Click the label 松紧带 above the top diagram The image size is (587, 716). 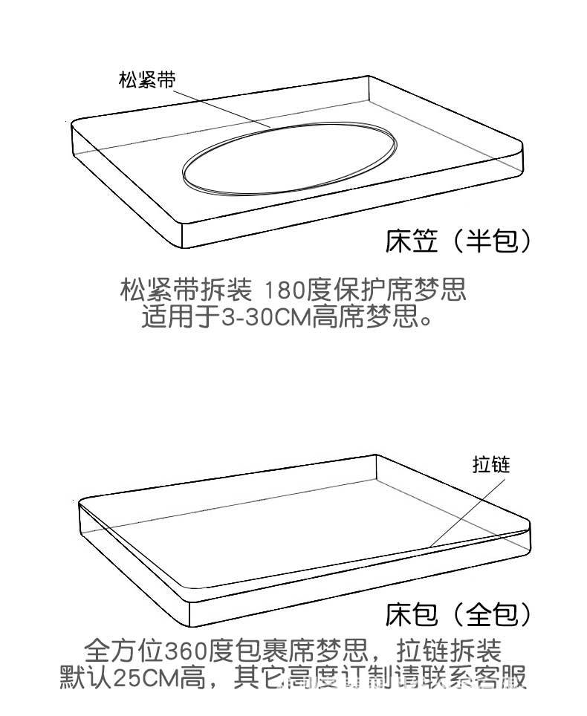(147, 80)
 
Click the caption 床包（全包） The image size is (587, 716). (458, 614)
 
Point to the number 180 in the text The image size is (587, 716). (285, 288)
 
